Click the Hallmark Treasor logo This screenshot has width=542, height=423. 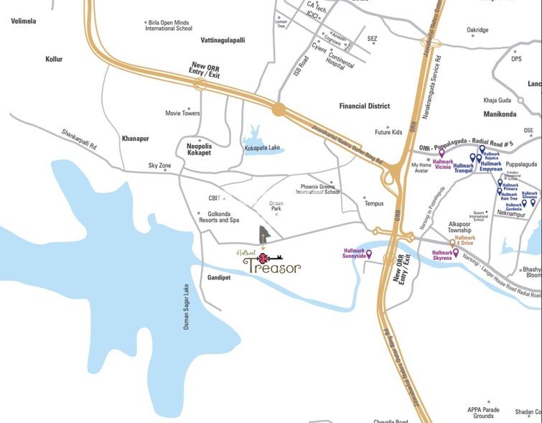point(270,262)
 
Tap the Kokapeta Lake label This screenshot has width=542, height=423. point(264,147)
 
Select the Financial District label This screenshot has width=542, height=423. point(364,106)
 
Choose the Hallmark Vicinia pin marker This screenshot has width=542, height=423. point(442,153)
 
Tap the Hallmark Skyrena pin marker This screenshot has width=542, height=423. point(455,253)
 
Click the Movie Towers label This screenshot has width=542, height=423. point(182,113)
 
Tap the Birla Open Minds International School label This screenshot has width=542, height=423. point(169,26)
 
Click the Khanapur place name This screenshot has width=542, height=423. point(135,137)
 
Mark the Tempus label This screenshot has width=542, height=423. point(374,204)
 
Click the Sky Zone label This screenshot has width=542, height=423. point(160,166)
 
